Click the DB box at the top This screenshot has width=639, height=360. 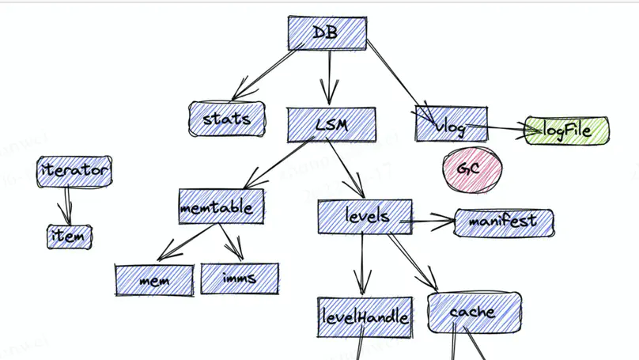pos(327,33)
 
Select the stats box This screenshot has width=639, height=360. pos(226,119)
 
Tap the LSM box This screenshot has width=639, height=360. pos(330,125)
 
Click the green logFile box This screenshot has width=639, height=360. pos(567,131)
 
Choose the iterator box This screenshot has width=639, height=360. pos(74,170)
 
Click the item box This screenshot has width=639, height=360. pos(69,237)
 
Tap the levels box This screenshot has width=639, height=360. pos(365,216)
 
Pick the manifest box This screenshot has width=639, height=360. pos(503,222)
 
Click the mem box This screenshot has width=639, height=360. pos(154,281)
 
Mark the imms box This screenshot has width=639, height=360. pos(239,279)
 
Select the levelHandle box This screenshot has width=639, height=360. pos(365,317)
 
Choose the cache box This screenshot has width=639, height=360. pos(475,313)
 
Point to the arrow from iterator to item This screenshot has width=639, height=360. pos(68,204)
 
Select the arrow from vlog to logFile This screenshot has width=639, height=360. pos(494,129)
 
